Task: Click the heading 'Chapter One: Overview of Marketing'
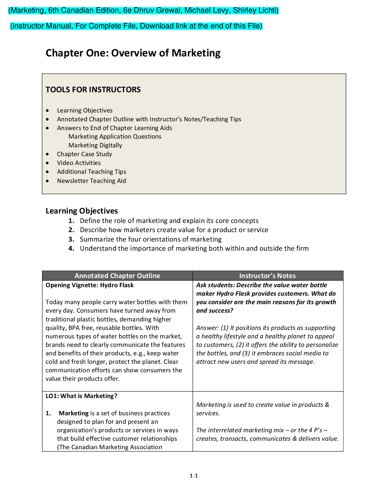133,53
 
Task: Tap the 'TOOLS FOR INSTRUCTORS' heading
93,90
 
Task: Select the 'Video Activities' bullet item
79,163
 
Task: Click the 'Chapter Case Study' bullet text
84,154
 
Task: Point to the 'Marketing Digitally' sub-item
95,145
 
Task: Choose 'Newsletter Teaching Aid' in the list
91,181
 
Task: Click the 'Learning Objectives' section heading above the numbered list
82,211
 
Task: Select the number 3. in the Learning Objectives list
71,239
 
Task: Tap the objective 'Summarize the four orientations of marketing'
151,239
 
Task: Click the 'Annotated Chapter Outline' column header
117,276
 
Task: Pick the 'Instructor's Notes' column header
267,276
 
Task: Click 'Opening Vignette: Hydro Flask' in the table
90,285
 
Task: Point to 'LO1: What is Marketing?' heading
81,396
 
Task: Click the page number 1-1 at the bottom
194,476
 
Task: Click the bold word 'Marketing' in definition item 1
74,413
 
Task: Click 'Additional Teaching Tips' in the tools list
91,172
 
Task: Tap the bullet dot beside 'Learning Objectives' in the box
48,111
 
